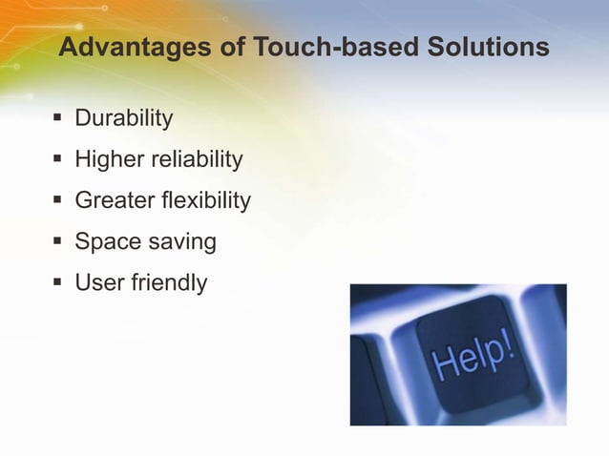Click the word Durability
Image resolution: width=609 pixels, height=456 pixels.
pos(124,119)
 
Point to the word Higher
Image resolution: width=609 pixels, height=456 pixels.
pos(109,160)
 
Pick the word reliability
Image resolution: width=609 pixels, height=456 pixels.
pos(197,160)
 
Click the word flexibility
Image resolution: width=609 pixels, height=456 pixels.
pos(206,201)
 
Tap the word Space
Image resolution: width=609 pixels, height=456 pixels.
pos(107,242)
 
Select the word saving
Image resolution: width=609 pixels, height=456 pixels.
pos(181,242)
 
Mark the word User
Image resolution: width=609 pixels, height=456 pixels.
pos(99,283)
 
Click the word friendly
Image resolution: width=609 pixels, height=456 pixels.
pos(168,283)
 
